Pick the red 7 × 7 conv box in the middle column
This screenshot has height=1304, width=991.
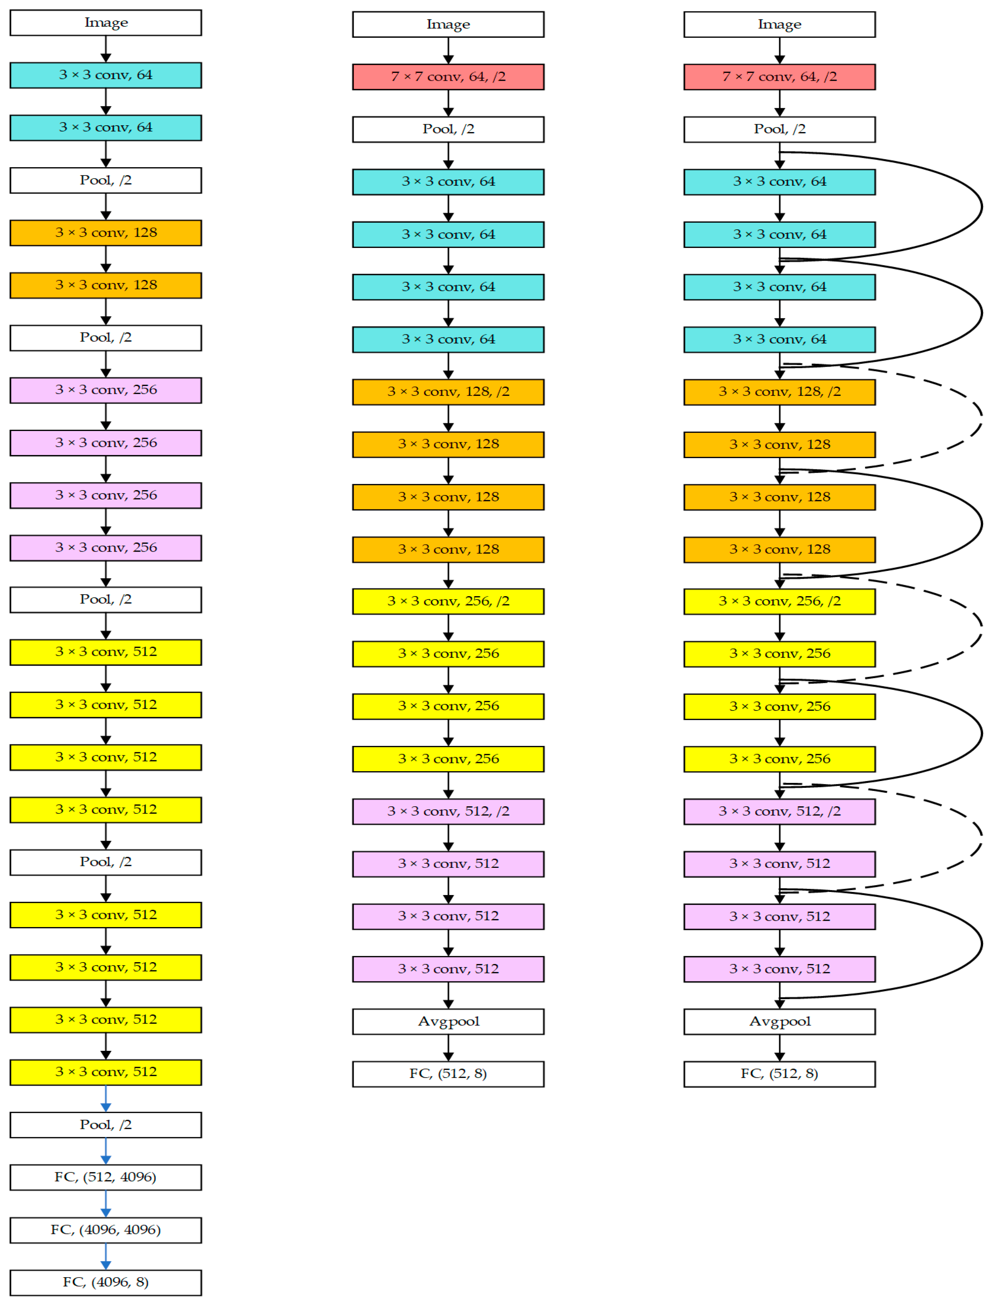448,77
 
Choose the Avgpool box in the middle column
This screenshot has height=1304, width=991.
448,1021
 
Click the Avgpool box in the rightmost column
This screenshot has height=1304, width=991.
779,1021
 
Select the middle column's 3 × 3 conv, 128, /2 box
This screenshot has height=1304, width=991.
448,392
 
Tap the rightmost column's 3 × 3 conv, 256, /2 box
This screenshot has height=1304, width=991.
779,601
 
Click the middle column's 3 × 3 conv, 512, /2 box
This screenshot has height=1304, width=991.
448,811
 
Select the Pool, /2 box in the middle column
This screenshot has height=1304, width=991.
448,129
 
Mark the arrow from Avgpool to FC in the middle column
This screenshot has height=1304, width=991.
448,1048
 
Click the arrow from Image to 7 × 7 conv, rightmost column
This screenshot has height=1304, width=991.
779,51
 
